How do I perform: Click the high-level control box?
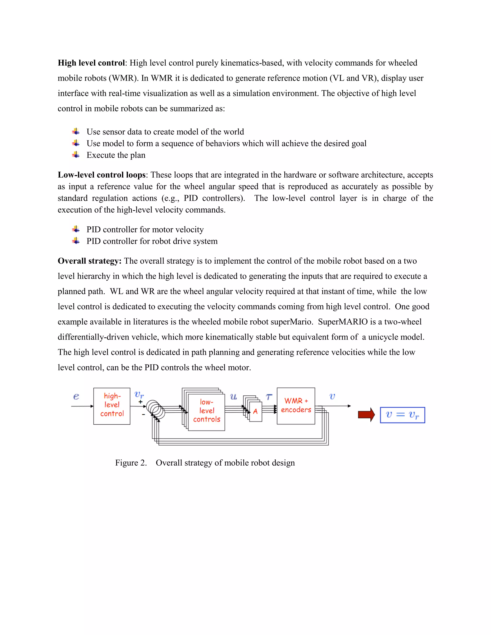click(112, 406)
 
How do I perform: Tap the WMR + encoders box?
click(296, 406)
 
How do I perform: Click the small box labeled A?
click(255, 411)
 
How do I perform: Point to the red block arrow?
click(366, 415)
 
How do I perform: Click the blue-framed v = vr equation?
click(402, 415)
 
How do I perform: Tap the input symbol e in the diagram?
click(76, 396)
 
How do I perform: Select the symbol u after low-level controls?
click(233, 397)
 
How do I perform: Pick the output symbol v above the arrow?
click(332, 396)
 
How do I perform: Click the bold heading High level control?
click(91, 63)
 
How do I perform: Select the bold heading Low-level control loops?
click(101, 175)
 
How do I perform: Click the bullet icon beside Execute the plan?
click(76, 155)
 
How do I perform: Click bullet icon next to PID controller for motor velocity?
click(76, 229)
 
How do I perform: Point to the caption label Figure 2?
click(131, 462)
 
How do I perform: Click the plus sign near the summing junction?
click(140, 402)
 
